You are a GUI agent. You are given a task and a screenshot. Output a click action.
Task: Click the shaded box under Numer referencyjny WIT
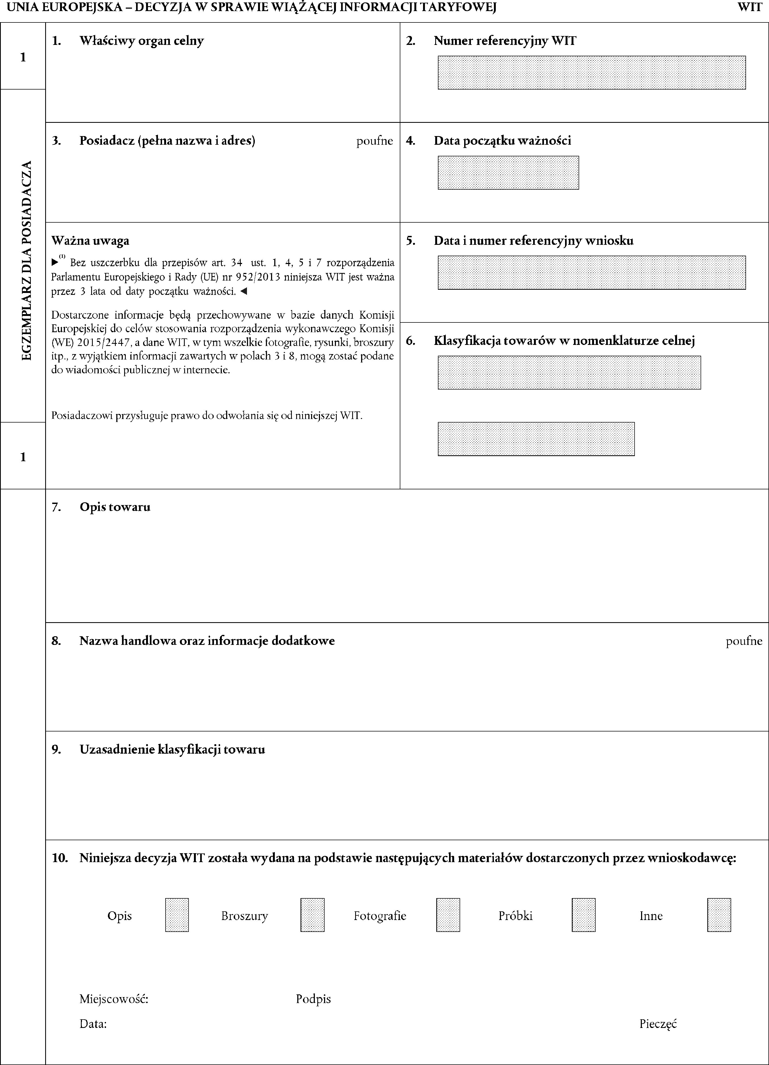(x=592, y=73)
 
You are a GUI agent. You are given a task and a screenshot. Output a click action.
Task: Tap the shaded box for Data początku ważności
(x=508, y=173)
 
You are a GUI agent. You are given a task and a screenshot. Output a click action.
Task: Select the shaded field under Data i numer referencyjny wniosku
(x=592, y=272)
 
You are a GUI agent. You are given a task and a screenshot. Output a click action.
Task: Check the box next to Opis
(x=177, y=915)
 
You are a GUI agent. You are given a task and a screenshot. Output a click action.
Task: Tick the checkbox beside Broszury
(x=312, y=915)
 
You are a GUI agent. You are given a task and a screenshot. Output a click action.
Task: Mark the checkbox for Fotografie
(x=448, y=915)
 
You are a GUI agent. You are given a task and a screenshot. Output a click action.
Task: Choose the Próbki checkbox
(x=583, y=915)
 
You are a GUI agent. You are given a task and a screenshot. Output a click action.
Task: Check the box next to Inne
(x=719, y=915)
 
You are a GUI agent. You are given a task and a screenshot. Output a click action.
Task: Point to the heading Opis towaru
(x=115, y=507)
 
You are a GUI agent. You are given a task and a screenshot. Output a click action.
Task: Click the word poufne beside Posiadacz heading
(x=374, y=141)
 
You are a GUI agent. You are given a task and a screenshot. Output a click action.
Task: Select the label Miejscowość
(x=114, y=999)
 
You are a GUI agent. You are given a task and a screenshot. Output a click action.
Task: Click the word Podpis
(x=313, y=999)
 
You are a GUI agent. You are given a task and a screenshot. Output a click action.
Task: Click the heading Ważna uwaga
(x=90, y=241)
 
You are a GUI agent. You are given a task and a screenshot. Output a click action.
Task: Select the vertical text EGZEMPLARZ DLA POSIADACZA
(x=27, y=260)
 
